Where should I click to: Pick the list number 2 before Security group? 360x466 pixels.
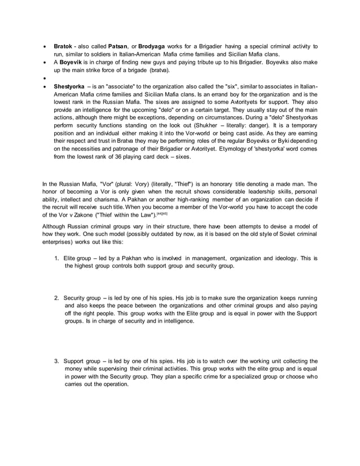(x=57, y=297)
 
